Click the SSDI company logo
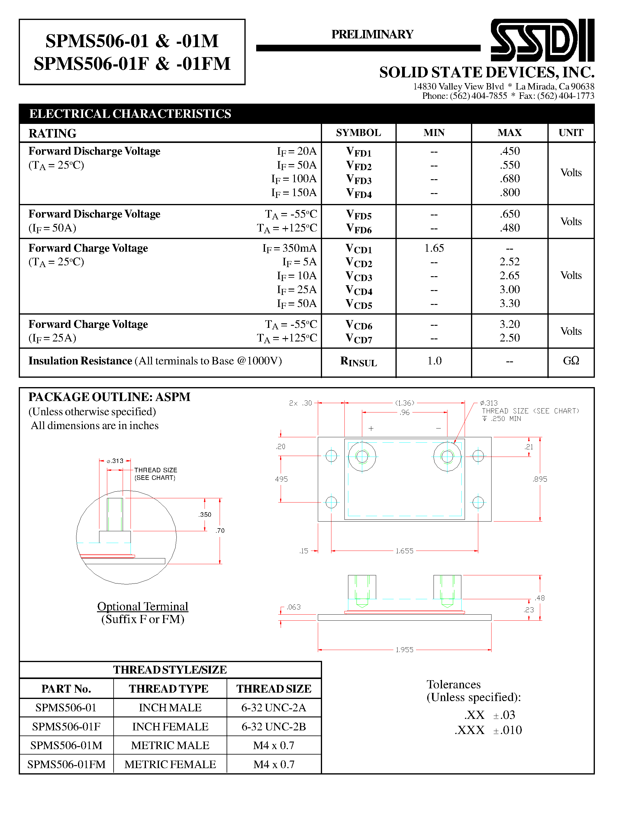pyautogui.click(x=542, y=40)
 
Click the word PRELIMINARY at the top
pyautogui.click(x=372, y=34)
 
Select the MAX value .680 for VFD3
pyautogui.click(x=509, y=179)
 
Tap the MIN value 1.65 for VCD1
pyautogui.click(x=434, y=248)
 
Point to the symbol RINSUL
pyautogui.click(x=358, y=361)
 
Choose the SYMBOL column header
pyautogui.click(x=358, y=133)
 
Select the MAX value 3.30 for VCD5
pyautogui.click(x=509, y=303)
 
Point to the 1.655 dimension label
pyautogui.click(x=404, y=551)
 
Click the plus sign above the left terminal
pyautogui.click(x=371, y=428)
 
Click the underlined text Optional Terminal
pyautogui.click(x=143, y=606)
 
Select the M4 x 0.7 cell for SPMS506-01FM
pyautogui.click(x=274, y=765)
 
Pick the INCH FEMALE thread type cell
pyautogui.click(x=170, y=727)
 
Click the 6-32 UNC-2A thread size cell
pyautogui.click(x=274, y=708)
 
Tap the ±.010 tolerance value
pyautogui.click(x=507, y=730)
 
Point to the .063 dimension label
pyautogui.click(x=293, y=607)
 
